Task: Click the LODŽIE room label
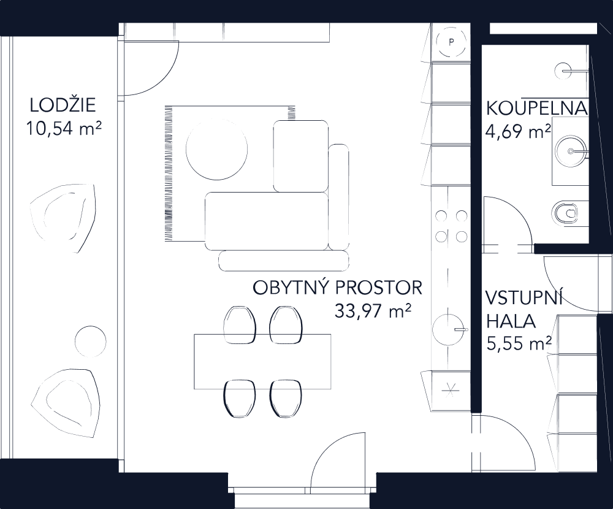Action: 63,105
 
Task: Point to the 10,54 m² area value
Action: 63,129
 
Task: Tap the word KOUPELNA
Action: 537,109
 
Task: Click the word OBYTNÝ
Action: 290,288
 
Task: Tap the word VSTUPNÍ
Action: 524,299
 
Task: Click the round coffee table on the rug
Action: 217,150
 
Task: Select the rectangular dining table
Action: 262,362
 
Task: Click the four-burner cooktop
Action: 451,225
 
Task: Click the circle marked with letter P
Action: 451,42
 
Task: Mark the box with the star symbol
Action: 451,391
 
